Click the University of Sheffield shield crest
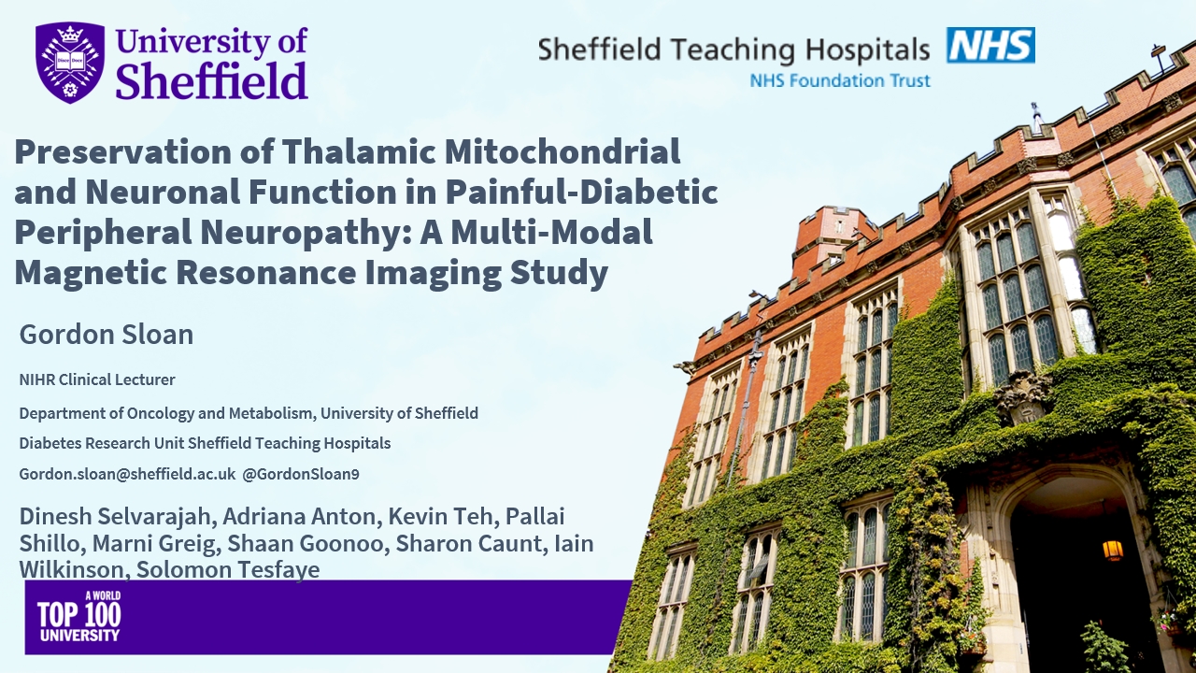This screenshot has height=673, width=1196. tap(69, 62)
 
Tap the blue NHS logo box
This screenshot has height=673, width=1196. tap(991, 46)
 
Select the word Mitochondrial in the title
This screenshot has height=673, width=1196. tap(562, 151)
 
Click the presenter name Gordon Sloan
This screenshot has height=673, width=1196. tap(107, 335)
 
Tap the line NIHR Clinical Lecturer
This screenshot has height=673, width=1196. tap(97, 379)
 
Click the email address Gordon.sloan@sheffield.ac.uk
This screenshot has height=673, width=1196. tap(127, 474)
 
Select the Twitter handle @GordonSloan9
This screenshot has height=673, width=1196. tap(301, 474)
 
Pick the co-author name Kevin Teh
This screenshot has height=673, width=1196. tap(441, 517)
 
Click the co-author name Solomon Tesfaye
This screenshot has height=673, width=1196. tap(228, 569)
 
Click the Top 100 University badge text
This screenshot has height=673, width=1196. tap(79, 616)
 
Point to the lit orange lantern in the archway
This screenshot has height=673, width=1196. tap(1113, 550)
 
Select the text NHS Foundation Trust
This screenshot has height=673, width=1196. tap(840, 80)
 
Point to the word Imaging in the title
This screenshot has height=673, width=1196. tap(433, 273)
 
